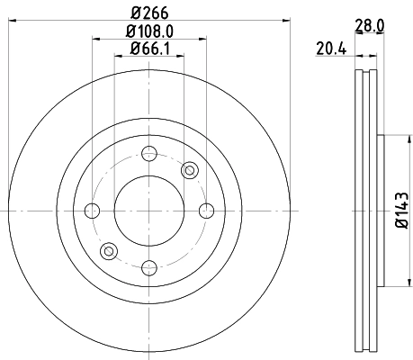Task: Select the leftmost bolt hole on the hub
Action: pos(92,211)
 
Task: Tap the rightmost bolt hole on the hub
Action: pos(205,211)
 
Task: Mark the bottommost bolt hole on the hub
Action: pos(148,268)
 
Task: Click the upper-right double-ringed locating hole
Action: pos(189,170)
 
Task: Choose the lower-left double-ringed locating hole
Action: pos(109,251)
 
